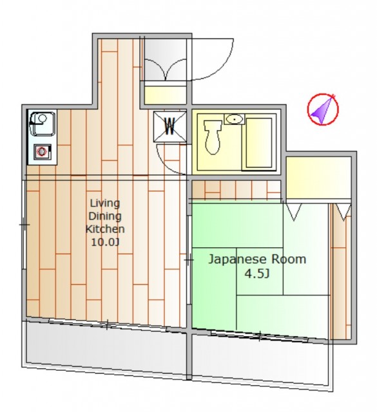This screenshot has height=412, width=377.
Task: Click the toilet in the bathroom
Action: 213,136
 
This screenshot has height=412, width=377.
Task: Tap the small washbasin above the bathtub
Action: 234,119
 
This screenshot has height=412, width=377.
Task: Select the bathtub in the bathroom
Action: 258,143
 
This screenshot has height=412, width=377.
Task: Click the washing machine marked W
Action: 170,127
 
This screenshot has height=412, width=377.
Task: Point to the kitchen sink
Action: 43,124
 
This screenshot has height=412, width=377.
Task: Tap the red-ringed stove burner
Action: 42,152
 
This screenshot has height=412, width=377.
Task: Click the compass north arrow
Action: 323,109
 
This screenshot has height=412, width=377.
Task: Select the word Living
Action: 105,203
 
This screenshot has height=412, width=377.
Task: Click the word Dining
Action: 105,216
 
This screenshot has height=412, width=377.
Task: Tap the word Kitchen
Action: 105,229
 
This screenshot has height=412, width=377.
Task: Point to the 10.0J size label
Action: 105,242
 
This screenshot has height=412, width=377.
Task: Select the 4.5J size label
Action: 257,274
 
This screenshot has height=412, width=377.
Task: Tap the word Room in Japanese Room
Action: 289,259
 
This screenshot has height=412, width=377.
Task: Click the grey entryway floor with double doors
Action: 166,59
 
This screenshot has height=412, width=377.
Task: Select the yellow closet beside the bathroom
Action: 318,178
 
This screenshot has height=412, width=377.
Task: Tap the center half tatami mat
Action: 260,271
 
